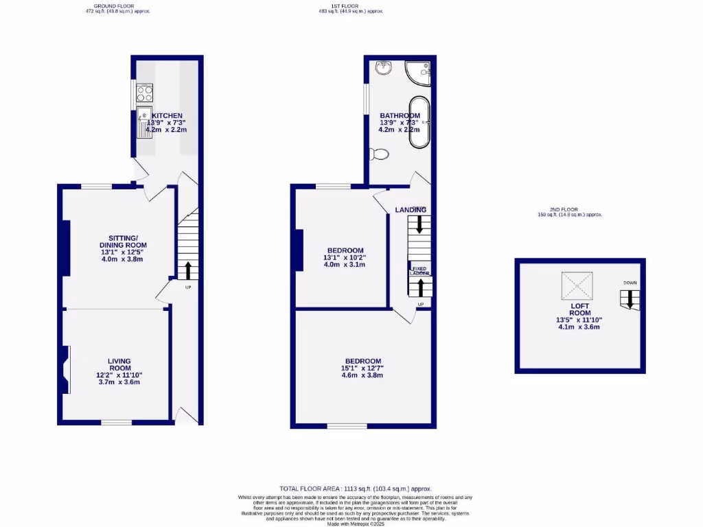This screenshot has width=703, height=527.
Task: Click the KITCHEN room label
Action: tap(167, 115)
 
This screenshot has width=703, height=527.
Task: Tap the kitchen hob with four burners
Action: tap(145, 92)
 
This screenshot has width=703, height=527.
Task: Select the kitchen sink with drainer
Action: tap(145, 121)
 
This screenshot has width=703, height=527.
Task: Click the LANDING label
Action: tap(411, 209)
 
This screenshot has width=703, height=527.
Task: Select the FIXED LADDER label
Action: tap(419, 270)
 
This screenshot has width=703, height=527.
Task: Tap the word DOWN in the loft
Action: tap(630, 283)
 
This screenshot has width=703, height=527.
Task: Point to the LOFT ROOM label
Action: tap(579, 309)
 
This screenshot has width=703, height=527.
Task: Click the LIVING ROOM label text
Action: tap(119, 364)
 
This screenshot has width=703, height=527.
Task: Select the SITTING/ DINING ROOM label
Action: tap(123, 241)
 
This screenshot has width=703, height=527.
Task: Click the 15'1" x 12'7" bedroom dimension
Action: tap(362, 368)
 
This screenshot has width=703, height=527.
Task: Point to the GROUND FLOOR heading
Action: tap(114, 5)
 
